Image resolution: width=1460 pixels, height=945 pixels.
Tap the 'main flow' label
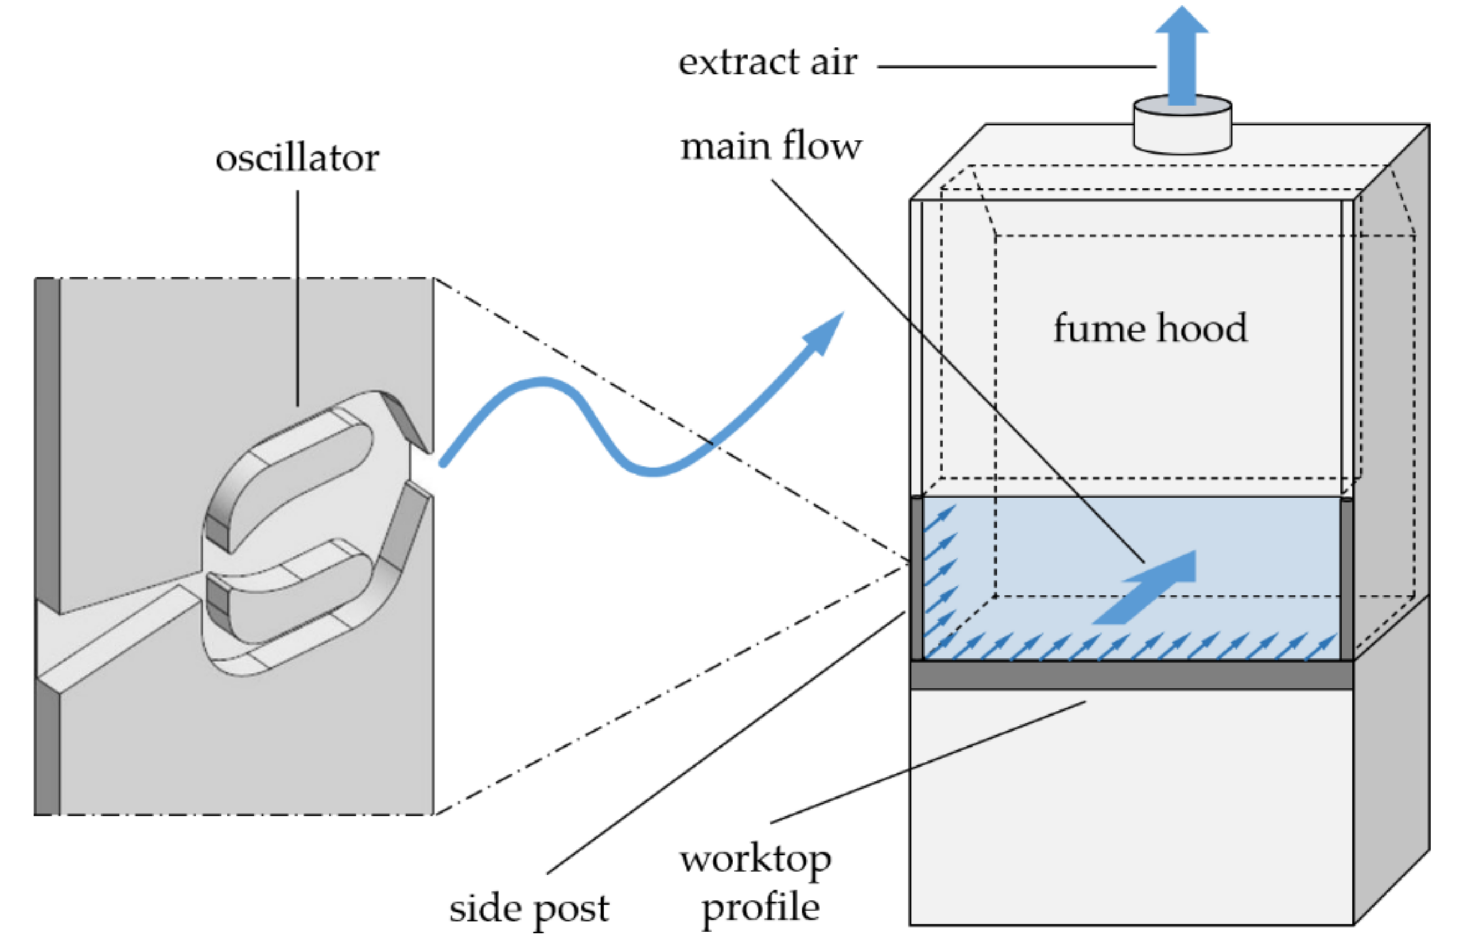point(770,147)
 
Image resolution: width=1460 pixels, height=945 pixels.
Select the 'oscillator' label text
point(297,159)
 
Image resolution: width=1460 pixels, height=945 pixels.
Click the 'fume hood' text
point(1150,328)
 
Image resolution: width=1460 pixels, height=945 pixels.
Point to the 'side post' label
point(529,909)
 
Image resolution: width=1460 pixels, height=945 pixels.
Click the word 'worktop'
point(755,860)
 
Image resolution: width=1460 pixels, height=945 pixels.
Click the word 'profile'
point(760,908)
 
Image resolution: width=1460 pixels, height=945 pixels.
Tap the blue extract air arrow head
point(1182,22)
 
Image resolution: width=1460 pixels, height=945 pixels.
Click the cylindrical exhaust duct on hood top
point(1182,132)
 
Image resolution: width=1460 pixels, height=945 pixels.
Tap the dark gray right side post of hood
point(1346,580)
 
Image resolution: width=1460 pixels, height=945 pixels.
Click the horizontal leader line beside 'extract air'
point(1015,66)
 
